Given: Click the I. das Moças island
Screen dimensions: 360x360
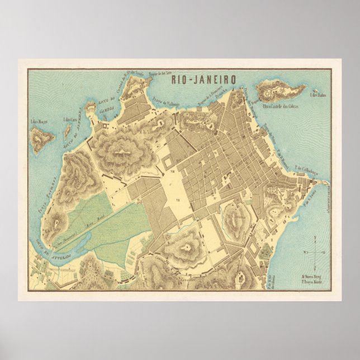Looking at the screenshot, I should (42, 139).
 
